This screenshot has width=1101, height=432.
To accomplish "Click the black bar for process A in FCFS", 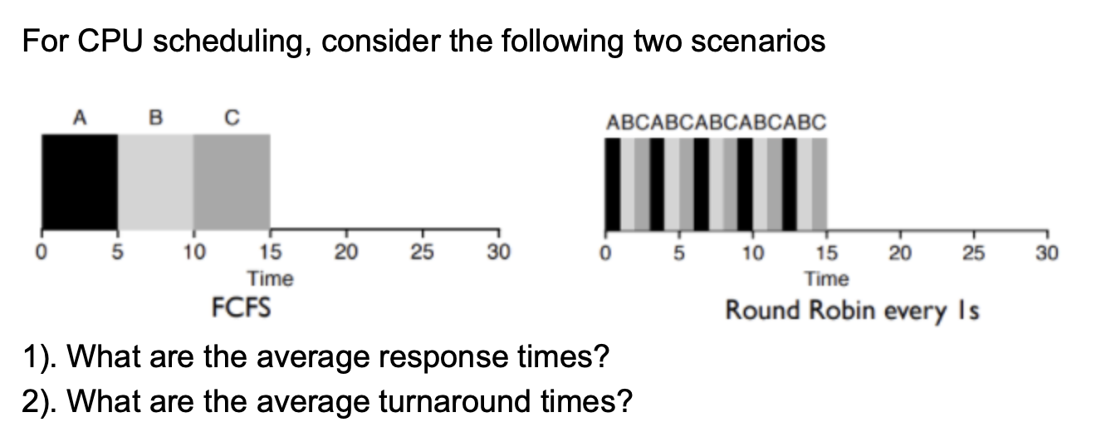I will click(80, 180).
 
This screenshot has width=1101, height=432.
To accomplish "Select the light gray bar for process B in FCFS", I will click(155, 180).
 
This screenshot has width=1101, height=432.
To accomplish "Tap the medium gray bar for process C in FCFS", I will click(232, 180).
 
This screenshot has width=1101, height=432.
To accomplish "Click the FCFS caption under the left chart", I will click(241, 309).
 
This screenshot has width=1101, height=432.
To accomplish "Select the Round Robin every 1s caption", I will click(853, 311).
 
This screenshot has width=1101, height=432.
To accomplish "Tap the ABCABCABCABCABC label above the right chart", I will click(717, 123).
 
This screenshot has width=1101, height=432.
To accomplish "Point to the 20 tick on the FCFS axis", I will click(347, 251).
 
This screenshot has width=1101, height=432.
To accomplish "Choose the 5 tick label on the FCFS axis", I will click(117, 251).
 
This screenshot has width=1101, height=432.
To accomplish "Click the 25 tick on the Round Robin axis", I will click(975, 251).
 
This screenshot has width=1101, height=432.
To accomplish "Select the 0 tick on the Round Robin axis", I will click(605, 251).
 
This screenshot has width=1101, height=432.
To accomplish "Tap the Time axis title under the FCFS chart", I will click(270, 278).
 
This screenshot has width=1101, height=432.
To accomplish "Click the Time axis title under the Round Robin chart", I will click(827, 278).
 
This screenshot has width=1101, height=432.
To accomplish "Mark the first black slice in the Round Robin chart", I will click(613, 184).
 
